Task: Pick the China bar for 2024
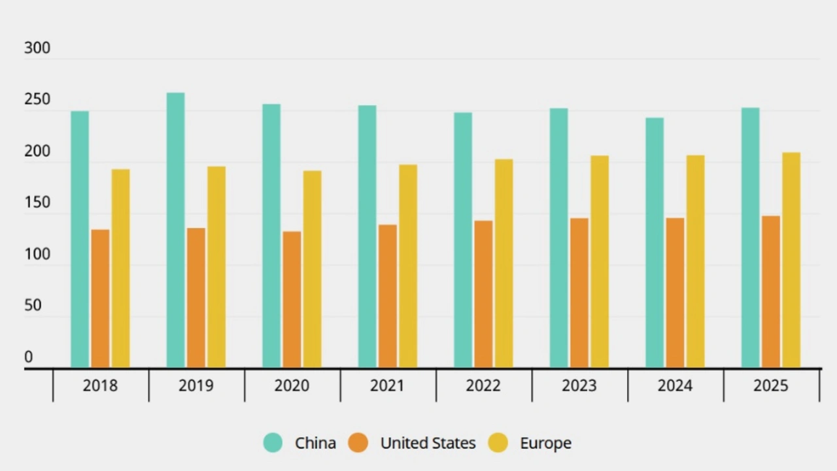click(x=655, y=242)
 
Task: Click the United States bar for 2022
click(x=483, y=294)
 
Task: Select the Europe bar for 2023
click(x=600, y=261)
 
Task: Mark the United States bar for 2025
click(x=771, y=291)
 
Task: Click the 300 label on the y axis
click(x=37, y=48)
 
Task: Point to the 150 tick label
click(x=37, y=203)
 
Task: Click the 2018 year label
click(x=100, y=386)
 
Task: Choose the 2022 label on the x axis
click(x=483, y=386)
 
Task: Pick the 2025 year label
click(x=771, y=386)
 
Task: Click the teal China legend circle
click(x=273, y=443)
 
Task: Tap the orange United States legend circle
click(x=358, y=443)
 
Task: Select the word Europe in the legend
click(x=545, y=444)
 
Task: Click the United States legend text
click(x=428, y=443)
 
